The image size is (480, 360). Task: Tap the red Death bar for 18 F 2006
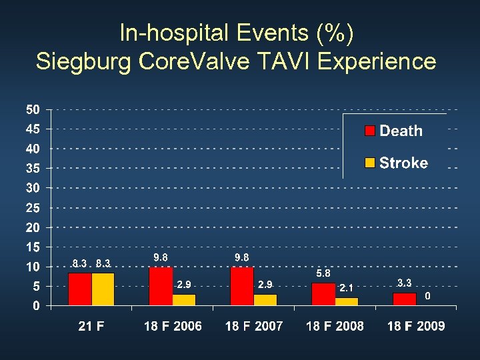(161, 287)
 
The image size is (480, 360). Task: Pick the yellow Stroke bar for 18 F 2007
(265, 300)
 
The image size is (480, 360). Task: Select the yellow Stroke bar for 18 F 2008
(346, 302)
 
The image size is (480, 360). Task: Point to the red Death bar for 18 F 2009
(404, 299)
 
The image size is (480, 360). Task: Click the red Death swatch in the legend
(370, 131)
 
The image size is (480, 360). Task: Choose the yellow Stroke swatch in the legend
(370, 163)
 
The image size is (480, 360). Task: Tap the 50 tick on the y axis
(33, 109)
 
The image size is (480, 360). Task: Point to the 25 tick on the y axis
(33, 208)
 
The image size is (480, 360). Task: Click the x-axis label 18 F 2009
(416, 326)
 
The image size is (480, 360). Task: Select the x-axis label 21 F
(91, 326)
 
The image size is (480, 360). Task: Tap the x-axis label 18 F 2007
(254, 326)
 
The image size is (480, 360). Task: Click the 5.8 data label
(323, 273)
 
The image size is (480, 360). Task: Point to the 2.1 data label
(346, 288)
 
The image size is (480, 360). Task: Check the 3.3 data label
(404, 283)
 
